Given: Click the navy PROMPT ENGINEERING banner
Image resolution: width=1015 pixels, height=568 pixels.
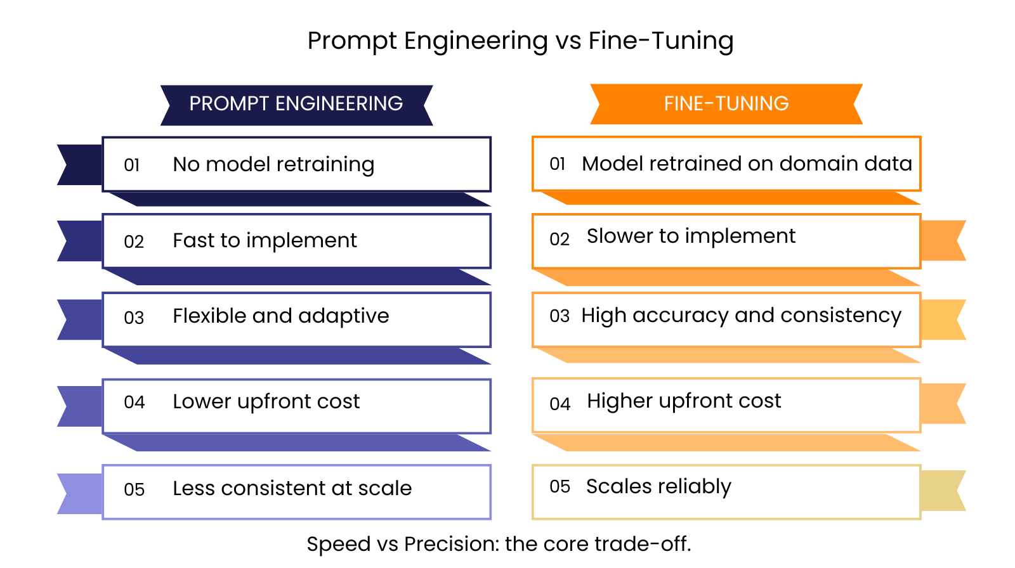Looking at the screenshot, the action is coord(297,105).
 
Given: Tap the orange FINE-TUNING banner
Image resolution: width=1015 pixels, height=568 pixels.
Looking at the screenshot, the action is coord(726,104).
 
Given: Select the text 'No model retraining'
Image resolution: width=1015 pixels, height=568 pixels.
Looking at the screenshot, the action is coord(273,165).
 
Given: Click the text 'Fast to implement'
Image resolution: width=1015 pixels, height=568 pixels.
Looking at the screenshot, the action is coord(265,240).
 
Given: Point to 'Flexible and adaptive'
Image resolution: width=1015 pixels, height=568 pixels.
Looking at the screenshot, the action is coord(281,316).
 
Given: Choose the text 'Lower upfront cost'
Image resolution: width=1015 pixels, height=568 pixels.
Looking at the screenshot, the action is coord(266,402).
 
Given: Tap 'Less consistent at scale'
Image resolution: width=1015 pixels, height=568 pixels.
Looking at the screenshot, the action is coord(292,488).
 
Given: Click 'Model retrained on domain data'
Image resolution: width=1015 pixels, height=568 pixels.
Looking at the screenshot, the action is coord(747,164).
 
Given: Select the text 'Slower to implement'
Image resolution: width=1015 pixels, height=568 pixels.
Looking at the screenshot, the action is coord(691,236).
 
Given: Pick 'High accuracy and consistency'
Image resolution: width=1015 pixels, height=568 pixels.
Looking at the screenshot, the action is coord(742,316).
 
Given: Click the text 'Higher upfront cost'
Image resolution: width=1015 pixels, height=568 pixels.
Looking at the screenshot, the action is coord(684,401).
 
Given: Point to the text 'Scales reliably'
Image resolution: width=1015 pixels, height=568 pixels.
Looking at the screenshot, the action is coord(659,487).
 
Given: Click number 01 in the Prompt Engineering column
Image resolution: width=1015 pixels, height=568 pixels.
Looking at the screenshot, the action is coord(131,165).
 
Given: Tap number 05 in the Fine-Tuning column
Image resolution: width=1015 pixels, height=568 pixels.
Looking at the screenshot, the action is coord(560,487).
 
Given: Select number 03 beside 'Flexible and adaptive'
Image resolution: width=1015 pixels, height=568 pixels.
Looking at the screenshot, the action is coord(134,318).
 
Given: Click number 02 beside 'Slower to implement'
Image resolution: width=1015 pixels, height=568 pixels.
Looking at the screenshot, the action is coord(559,239).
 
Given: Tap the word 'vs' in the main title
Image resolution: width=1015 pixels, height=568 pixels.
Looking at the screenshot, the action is coord(568,41).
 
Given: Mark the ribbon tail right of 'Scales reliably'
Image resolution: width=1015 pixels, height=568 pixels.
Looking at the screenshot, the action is coord(943,491).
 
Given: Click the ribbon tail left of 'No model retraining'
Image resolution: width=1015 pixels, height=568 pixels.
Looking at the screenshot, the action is coord(80,165).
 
